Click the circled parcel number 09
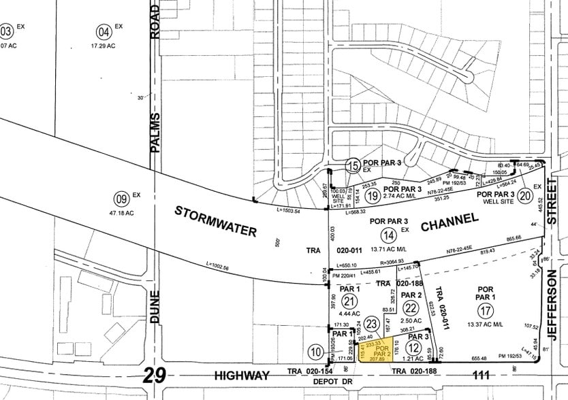tap(121, 199)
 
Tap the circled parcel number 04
tap(104, 31)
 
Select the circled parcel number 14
tap(388, 235)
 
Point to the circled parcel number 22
tap(411, 307)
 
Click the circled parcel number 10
tap(315, 352)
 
